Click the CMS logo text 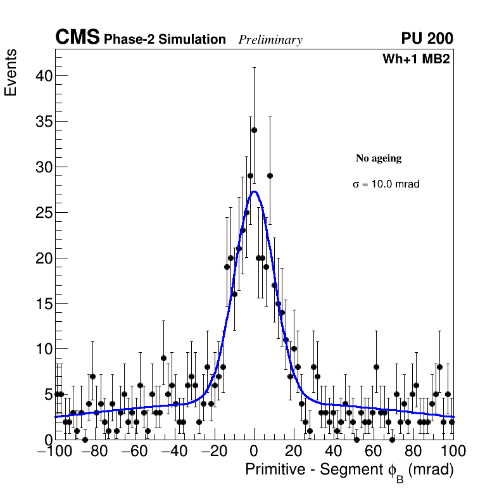77,38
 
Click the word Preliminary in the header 270,40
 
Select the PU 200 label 427,39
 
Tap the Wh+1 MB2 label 416,60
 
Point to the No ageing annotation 379,158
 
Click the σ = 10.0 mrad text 386,184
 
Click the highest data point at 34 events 254,130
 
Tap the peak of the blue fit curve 254,191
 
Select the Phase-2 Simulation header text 165,40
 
